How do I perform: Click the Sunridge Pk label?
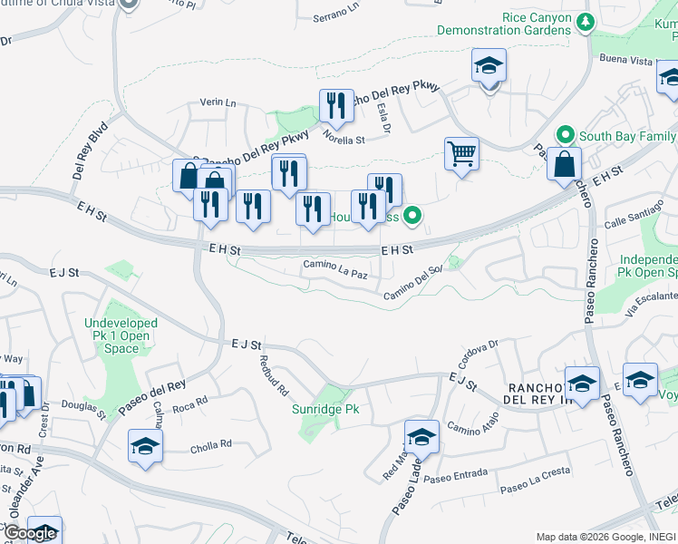325,410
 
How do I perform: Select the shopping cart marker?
461,155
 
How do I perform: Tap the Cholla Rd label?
211,445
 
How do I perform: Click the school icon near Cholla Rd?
145,446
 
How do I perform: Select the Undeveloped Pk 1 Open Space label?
121,335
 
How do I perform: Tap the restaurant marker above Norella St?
337,106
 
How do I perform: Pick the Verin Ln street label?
217,104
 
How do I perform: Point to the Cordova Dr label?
479,351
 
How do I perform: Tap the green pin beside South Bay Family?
567,136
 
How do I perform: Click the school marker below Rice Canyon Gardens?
489,66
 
